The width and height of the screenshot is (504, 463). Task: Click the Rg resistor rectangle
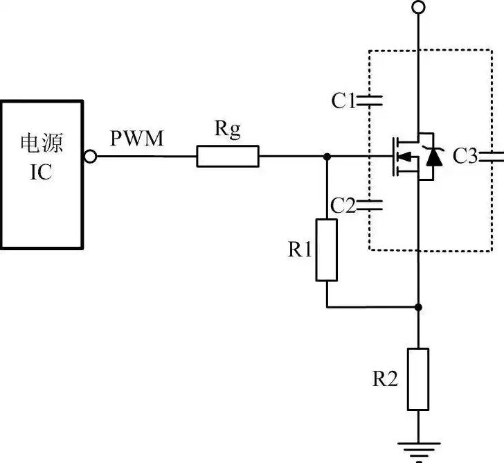click(228, 157)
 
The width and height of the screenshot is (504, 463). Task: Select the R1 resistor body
click(327, 250)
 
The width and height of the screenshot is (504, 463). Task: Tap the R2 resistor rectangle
click(418, 379)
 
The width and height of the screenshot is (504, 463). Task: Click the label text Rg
click(228, 130)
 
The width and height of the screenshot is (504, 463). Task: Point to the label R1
click(300, 249)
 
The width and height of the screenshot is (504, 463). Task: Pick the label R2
click(385, 378)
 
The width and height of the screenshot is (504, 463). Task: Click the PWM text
click(137, 139)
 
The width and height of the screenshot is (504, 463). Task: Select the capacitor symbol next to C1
click(369, 101)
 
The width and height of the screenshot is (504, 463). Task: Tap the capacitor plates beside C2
click(369, 205)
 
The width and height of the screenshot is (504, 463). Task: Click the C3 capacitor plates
click(491, 157)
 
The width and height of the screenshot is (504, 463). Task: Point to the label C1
click(343, 101)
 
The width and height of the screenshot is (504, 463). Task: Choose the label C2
click(343, 206)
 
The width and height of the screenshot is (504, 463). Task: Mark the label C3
click(465, 157)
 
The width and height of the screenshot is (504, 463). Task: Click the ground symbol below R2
click(418, 450)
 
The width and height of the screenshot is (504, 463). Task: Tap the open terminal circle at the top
click(418, 7)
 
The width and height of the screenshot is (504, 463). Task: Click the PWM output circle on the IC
click(90, 157)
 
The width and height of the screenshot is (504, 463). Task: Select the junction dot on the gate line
click(327, 157)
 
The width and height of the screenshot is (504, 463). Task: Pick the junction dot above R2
click(418, 307)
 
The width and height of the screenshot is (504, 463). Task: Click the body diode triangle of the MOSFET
click(434, 157)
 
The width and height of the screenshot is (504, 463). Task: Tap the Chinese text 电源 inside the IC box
click(42, 143)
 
